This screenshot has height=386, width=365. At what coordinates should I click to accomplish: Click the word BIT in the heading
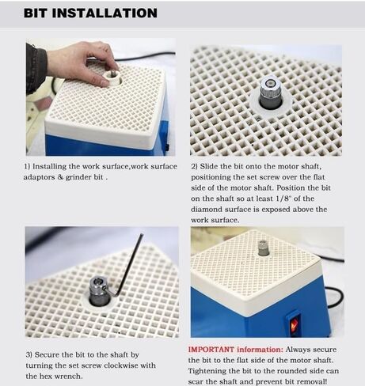[36, 13]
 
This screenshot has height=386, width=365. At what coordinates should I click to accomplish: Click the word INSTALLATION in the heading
[105, 13]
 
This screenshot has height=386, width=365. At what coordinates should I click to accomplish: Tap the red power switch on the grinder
[295, 326]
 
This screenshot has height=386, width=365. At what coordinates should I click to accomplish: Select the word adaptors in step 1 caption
[39, 177]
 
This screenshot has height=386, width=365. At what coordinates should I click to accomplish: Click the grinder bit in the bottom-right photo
[263, 248]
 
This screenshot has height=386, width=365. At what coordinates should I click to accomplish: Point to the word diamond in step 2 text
[207, 209]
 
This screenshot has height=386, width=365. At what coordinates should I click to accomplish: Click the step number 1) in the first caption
[27, 166]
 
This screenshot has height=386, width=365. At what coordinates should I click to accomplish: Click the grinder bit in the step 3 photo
[100, 291]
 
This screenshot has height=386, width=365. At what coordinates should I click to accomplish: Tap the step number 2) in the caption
[194, 166]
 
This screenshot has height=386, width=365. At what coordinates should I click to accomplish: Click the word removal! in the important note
[310, 381]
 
